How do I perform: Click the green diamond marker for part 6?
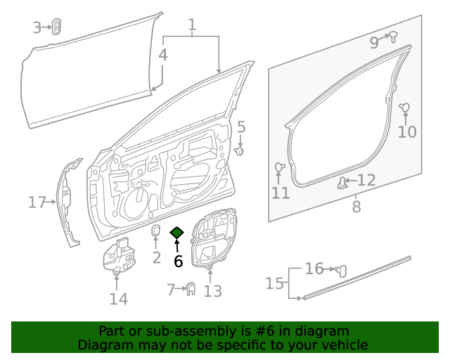[176, 233]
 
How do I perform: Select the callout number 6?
[178, 262]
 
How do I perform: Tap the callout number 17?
[37, 203]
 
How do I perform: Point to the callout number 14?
[118, 299]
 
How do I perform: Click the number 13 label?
[212, 291]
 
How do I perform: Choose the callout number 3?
[37, 27]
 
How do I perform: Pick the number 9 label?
[374, 43]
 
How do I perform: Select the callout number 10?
[407, 131]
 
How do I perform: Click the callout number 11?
[281, 193]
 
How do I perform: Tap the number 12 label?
[367, 181]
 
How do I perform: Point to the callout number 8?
[356, 207]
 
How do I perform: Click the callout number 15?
[274, 283]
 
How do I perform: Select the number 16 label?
[314, 269]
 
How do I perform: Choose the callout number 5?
[240, 127]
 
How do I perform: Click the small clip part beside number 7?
[190, 288]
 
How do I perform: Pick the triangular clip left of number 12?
[343, 184]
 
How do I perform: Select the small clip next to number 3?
[56, 27]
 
